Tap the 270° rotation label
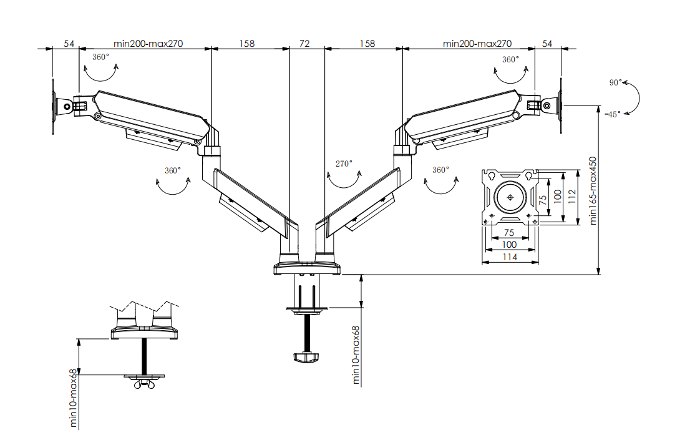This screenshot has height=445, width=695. tap(344, 164)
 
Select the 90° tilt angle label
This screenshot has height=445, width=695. tap(615, 82)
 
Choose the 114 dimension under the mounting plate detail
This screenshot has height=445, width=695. tap(510, 256)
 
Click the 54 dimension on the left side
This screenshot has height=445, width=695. tap(69, 44)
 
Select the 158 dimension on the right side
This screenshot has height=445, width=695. tap(368, 44)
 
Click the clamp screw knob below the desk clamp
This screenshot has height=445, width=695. tap(306, 358)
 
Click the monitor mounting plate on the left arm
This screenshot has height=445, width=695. tap(53, 106)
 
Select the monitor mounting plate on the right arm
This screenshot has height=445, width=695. tap(561, 105)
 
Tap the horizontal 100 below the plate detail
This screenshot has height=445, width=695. tap(510, 245)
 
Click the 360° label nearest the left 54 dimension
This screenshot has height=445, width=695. tap(100, 57)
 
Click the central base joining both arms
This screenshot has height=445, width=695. tap(307, 269)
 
